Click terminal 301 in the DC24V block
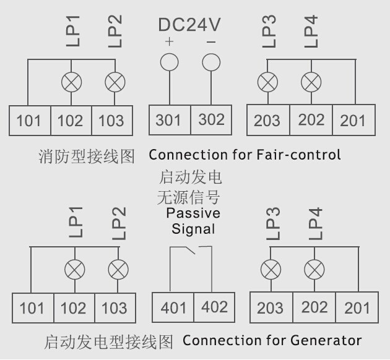point(170,120)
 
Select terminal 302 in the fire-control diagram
point(211,120)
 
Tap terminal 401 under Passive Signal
point(173,307)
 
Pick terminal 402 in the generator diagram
point(214,307)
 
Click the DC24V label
point(189,25)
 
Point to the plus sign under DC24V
point(169,41)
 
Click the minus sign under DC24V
point(211,42)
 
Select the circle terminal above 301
point(170,62)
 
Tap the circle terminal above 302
point(211,62)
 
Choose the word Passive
point(193,213)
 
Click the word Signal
point(193,229)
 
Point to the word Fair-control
point(298,155)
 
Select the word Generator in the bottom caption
point(326,340)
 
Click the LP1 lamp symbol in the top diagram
point(71,82)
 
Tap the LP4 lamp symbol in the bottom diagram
point(314,270)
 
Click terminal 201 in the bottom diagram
point(357,307)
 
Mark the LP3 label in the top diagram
point(269,31)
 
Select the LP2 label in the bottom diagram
point(119,223)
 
